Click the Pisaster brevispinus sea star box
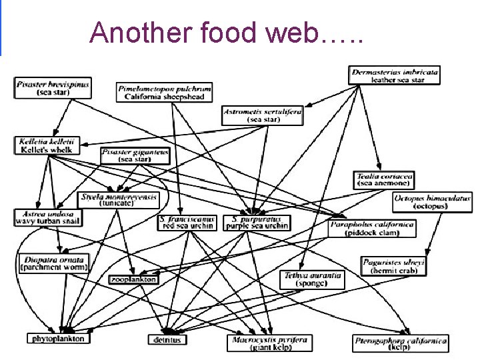pyautogui.click(x=53, y=87)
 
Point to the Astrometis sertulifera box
pyautogui.click(x=262, y=115)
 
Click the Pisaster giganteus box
pyautogui.click(x=136, y=155)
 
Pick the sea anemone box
pyautogui.click(x=385, y=179)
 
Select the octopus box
pyautogui.click(x=432, y=201)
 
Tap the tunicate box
pyautogui.click(x=119, y=200)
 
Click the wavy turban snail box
pyautogui.click(x=48, y=217)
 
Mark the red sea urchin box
pyautogui.click(x=187, y=222)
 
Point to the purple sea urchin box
pyautogui.click(x=257, y=222)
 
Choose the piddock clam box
pyautogui.click(x=371, y=229)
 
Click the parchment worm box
pyautogui.click(x=54, y=263)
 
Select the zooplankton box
pyautogui.click(x=133, y=279)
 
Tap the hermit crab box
pyautogui.click(x=393, y=266)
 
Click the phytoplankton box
pyautogui.click(x=58, y=339)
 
